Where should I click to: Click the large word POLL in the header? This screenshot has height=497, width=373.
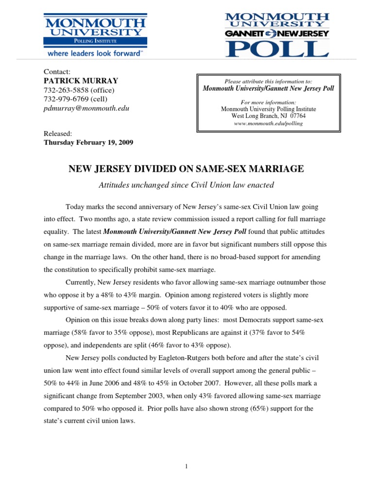pos(276,49)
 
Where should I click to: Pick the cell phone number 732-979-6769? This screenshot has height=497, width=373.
pos(66,99)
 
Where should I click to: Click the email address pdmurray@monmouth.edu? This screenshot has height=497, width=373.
pos(87,108)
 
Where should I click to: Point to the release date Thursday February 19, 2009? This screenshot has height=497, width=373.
pos(88,143)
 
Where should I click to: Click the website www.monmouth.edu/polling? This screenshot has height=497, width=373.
pos(268,123)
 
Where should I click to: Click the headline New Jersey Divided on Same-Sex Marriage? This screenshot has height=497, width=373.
pos(186,169)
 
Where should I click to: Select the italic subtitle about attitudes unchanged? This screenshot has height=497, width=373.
pos(186,184)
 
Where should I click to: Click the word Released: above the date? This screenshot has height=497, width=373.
pos(58,133)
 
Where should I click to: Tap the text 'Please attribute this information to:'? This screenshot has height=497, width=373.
pos(268,81)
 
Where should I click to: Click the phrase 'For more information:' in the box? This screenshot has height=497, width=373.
pos(268,102)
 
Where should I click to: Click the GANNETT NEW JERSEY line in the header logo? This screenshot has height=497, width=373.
pos(276,33)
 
